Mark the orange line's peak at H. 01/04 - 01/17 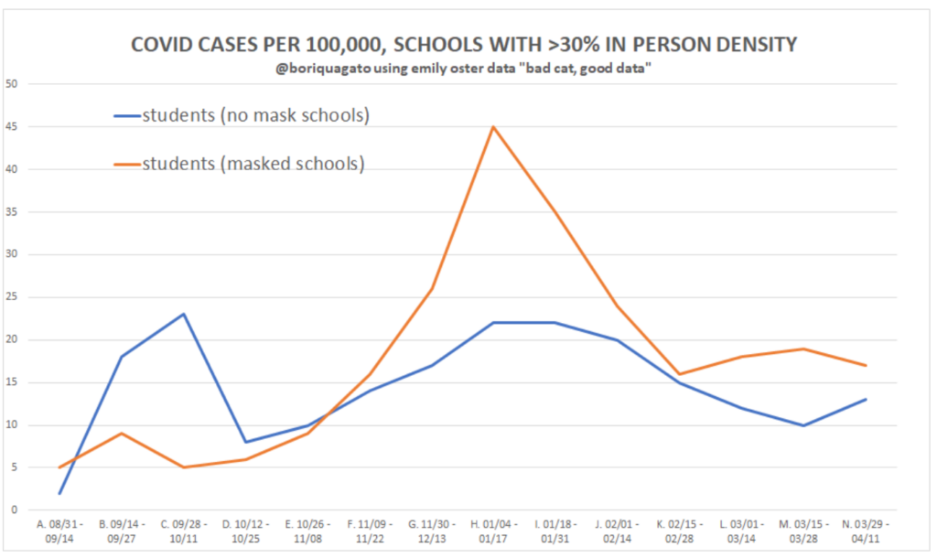[x=493, y=126]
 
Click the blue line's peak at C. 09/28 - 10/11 [x=184, y=314]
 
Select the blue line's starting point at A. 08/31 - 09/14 [x=60, y=493]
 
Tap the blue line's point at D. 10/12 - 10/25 [x=246, y=442]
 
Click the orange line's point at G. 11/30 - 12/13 [x=432, y=288]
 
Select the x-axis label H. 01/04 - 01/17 [x=493, y=532]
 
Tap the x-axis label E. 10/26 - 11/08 [x=307, y=532]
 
